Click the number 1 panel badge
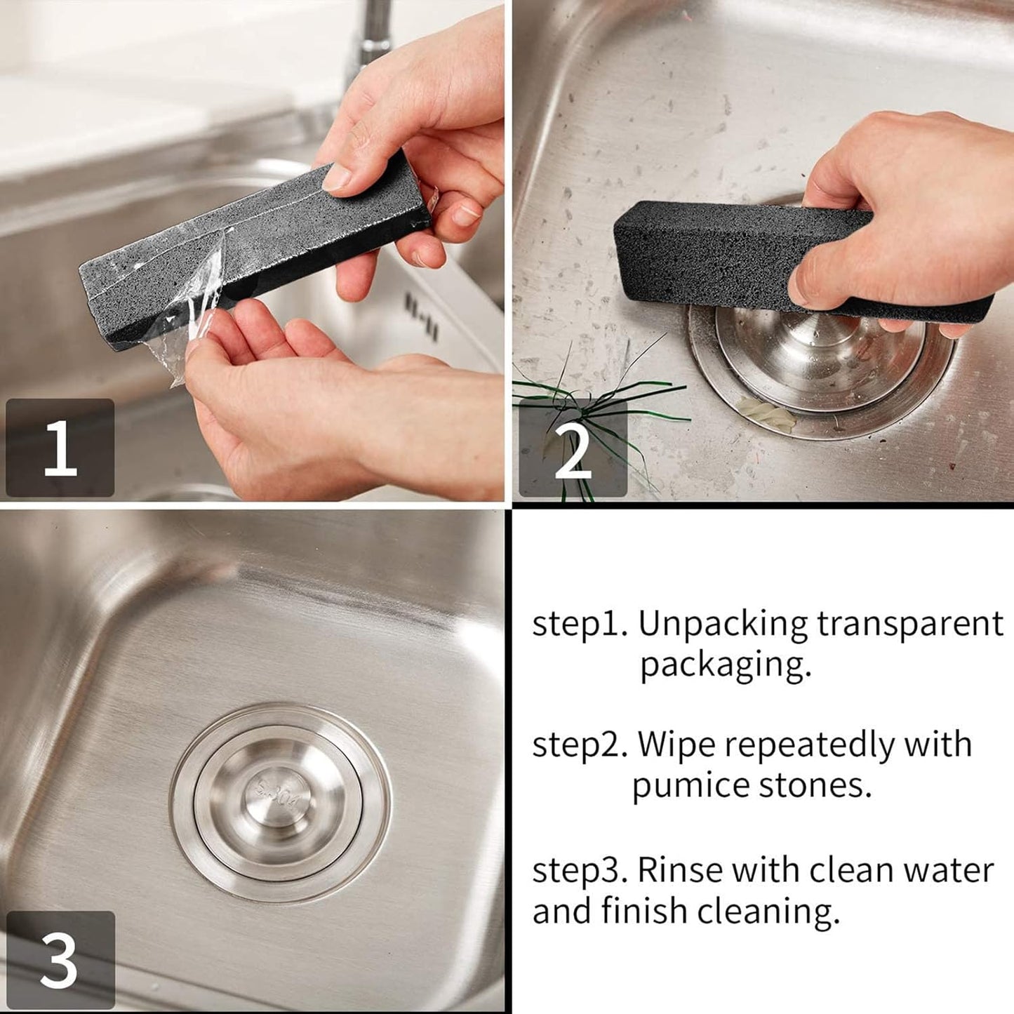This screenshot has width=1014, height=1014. pos(60,448)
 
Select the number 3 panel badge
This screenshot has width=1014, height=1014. pos(60,960)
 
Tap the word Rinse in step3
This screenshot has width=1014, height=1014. pos(679,870)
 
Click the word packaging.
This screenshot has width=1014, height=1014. pos(725,665)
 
